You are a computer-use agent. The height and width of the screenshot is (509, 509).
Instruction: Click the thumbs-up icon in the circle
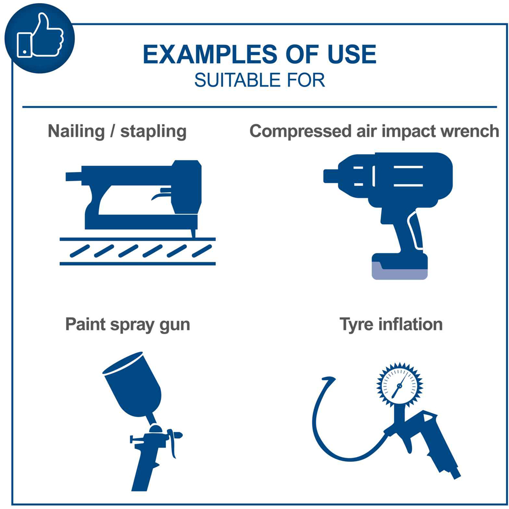(x=40, y=36)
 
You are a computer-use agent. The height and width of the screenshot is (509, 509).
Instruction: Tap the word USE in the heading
(x=352, y=54)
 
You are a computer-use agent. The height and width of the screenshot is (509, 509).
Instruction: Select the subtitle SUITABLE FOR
(x=260, y=80)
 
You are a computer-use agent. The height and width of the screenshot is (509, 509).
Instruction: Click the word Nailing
(x=76, y=132)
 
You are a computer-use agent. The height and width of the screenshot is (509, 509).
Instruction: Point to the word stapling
(x=153, y=132)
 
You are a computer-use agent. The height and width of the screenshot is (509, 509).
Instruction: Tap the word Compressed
(x=301, y=132)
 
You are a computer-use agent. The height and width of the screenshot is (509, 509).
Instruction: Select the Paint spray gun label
(x=128, y=325)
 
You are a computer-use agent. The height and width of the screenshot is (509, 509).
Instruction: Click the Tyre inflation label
(x=391, y=325)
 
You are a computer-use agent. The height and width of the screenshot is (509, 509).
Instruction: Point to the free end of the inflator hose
(x=328, y=379)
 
